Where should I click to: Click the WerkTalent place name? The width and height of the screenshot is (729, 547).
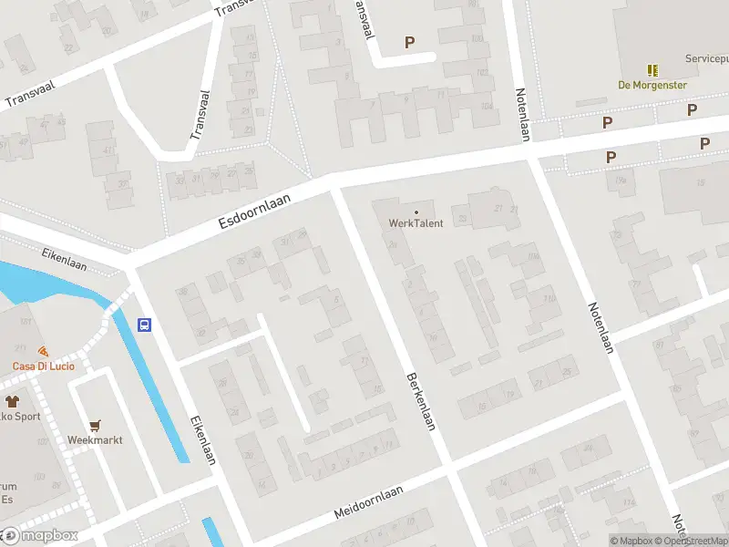tap(416, 223)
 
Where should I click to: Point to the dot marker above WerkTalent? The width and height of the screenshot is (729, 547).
tap(416, 212)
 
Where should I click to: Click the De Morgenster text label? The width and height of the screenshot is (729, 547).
tap(652, 85)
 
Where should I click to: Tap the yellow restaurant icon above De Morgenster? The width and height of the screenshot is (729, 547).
tap(652, 70)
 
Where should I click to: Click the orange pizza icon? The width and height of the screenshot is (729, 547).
tap(43, 351)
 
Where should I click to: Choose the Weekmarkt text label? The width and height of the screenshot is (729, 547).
tap(95, 439)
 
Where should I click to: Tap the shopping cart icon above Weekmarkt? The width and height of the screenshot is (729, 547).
tap(95, 425)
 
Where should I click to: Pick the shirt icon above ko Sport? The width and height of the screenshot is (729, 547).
tap(12, 401)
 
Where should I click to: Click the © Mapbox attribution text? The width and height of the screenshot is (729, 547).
tap(631, 541)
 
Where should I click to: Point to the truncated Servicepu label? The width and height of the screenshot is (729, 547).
tap(706, 58)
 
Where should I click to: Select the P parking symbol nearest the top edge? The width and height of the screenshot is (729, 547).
tap(409, 42)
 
